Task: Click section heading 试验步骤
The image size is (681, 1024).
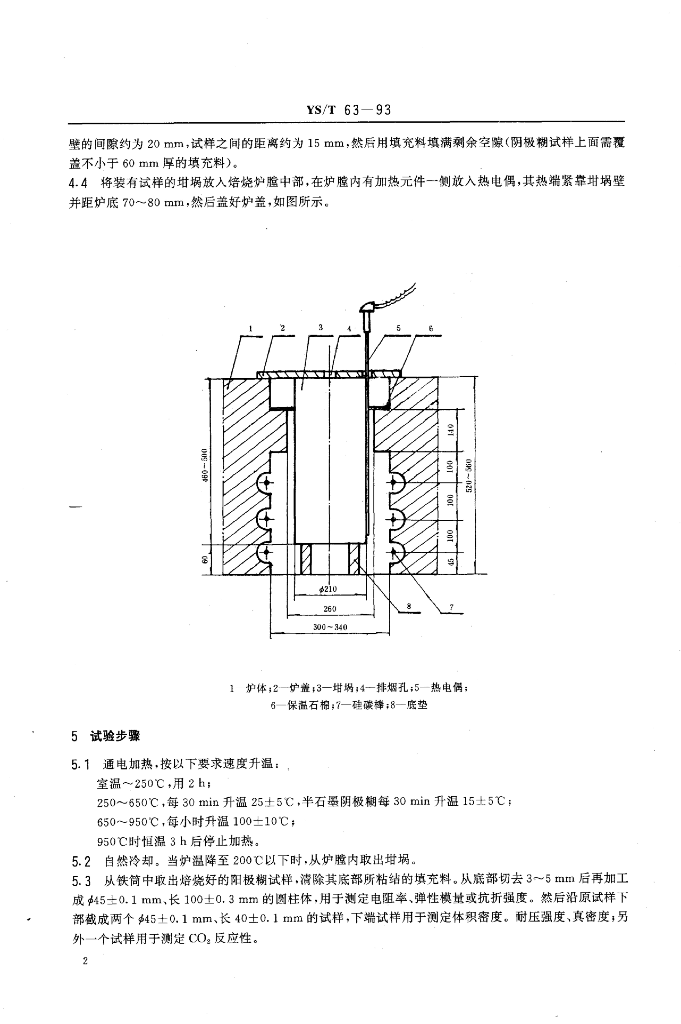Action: (x=115, y=736)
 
